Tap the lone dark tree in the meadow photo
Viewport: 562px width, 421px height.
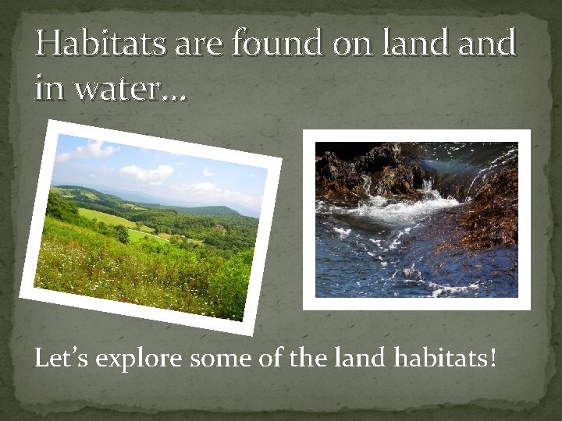[121, 233]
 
